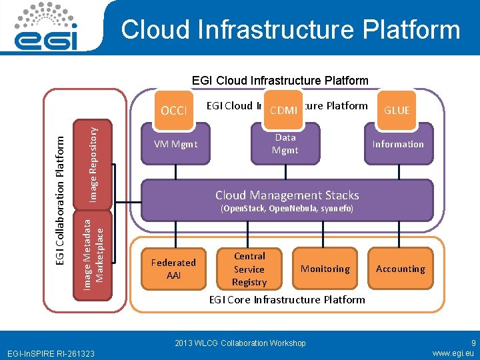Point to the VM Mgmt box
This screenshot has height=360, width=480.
point(175,144)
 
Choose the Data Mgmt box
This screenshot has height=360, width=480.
point(285,144)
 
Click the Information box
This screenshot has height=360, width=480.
point(398,144)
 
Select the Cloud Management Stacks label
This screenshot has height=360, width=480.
point(287,195)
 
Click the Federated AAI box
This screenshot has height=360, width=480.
point(173,269)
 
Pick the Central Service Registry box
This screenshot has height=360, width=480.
point(249,269)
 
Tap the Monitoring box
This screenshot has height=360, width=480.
point(325,269)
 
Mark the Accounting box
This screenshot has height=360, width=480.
point(400,269)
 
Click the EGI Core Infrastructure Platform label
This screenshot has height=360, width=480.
point(287,299)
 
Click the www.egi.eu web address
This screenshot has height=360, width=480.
point(453,353)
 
